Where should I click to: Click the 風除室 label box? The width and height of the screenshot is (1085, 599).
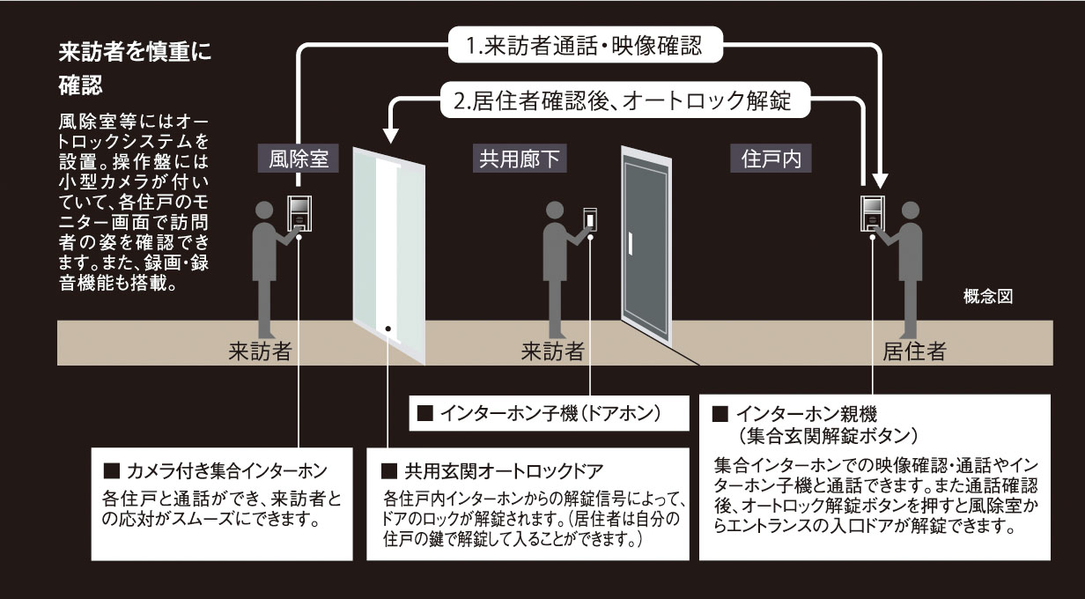pyautogui.click(x=299, y=159)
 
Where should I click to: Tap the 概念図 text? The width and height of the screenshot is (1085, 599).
pyautogui.click(x=989, y=297)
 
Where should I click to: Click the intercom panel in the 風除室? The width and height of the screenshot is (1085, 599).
pyautogui.click(x=299, y=212)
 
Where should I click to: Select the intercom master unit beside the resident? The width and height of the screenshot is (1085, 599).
pyautogui.click(x=872, y=212)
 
